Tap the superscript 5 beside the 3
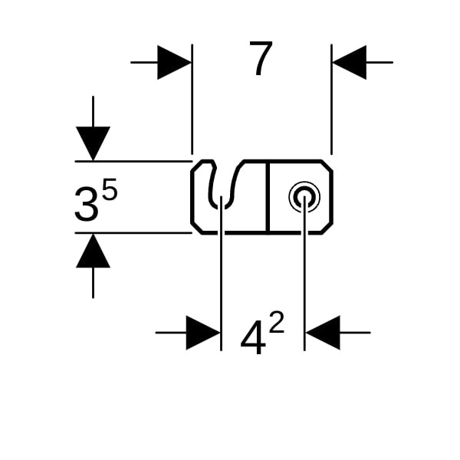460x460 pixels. pos(110,190)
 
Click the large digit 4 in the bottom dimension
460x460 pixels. pos(253,339)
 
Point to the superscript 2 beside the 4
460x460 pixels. pos(276,323)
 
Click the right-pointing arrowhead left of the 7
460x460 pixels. pos(174,62)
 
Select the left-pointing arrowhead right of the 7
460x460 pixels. pos(350,62)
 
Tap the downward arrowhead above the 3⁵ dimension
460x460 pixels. pos(93,143)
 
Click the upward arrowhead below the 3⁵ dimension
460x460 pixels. pos(93,251)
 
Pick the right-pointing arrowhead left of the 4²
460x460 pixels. pos(203,333)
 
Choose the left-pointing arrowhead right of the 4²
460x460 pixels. pos(323,333)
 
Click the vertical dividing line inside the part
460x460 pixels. pos(268,197)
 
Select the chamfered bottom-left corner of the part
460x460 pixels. pos(196,227)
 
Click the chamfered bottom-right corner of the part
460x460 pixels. pos(327,228)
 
